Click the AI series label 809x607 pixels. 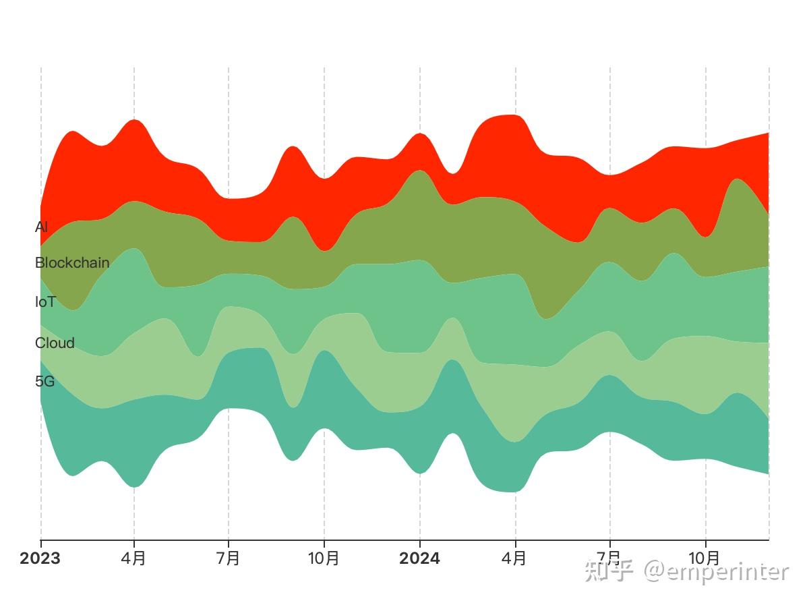(x=41, y=227)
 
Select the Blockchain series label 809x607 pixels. (x=72, y=263)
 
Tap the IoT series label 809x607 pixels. (x=45, y=302)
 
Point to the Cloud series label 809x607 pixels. (x=55, y=343)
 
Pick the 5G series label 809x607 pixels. (x=45, y=382)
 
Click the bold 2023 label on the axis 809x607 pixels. (x=40, y=558)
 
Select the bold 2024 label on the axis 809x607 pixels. (x=419, y=558)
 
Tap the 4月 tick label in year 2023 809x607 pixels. (x=133, y=558)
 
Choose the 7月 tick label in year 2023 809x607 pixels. (x=228, y=558)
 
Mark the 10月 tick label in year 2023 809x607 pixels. (x=324, y=558)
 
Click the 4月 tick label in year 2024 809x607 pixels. (x=514, y=558)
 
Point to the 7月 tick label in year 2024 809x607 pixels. (x=609, y=558)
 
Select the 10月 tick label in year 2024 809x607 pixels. (x=704, y=558)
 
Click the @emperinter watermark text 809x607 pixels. (x=716, y=573)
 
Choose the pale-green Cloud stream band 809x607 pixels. (x=516, y=398)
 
